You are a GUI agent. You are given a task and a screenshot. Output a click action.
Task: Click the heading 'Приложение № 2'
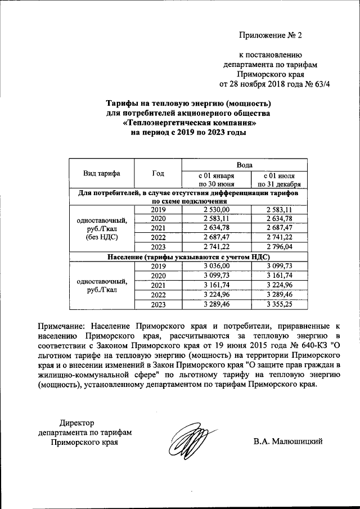[271, 35]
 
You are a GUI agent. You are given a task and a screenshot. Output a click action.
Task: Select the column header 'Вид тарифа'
[102, 173]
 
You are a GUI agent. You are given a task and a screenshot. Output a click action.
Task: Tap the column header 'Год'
[158, 173]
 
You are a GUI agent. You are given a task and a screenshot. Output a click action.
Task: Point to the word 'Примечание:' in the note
[61, 326]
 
